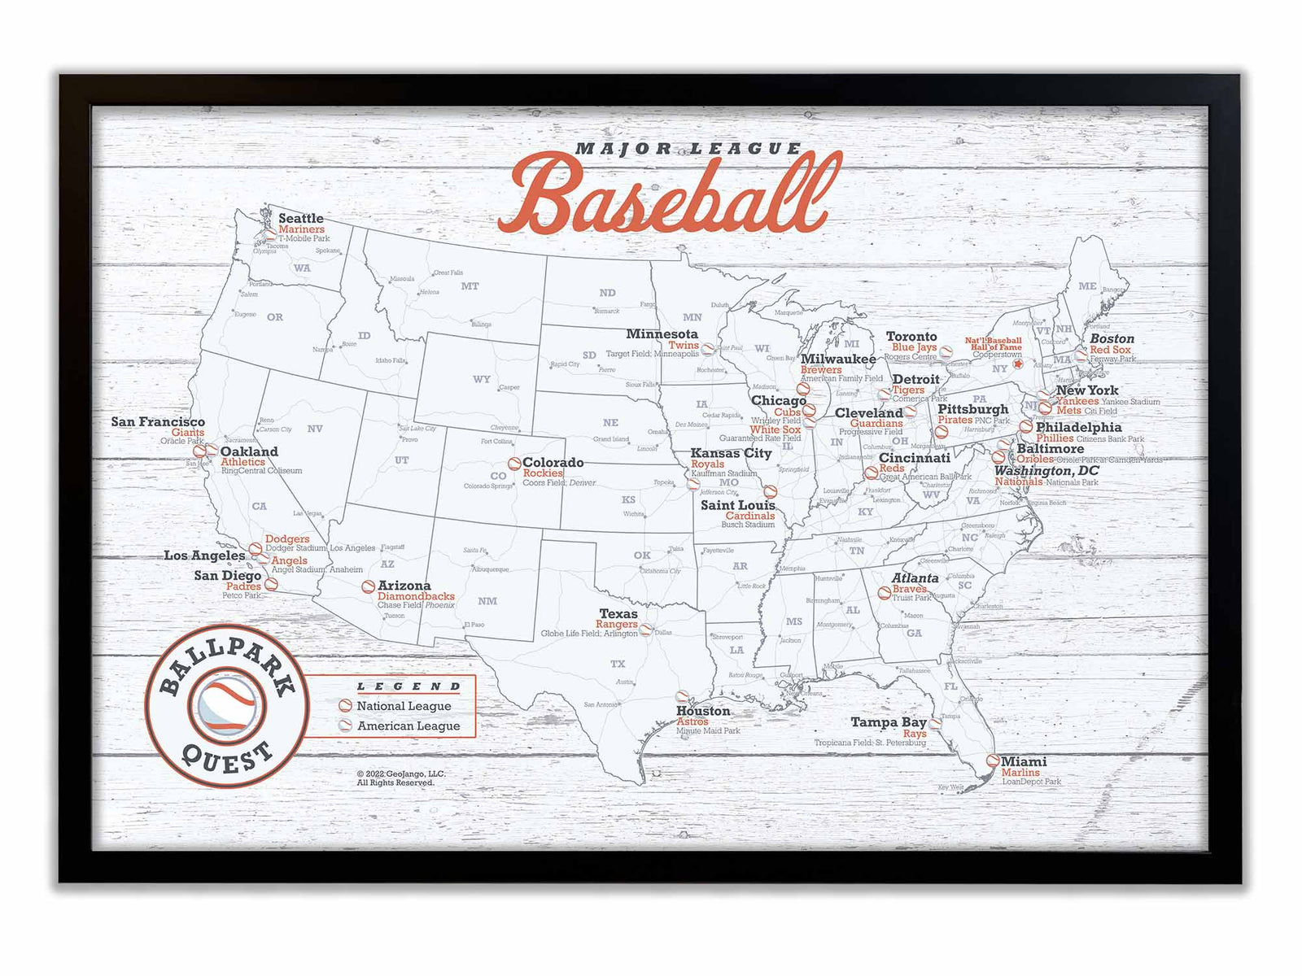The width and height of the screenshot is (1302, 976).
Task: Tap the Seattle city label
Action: tap(300, 218)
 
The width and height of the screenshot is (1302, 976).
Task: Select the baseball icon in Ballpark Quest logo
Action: tap(226, 706)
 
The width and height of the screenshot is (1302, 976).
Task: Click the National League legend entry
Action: tap(403, 706)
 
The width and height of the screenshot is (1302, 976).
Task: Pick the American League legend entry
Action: tap(408, 725)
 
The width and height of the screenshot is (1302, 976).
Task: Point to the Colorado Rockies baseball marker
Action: tap(514, 464)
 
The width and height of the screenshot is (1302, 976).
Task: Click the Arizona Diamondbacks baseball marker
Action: tap(368, 586)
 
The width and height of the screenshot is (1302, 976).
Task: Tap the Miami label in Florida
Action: tap(1023, 761)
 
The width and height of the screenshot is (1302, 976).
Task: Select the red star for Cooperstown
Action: tap(1017, 364)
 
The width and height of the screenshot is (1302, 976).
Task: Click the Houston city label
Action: tap(703, 711)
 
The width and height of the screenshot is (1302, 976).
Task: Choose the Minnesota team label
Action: tap(662, 333)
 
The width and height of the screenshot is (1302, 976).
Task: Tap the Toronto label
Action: tap(911, 336)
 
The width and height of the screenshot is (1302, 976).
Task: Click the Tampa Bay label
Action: tap(888, 721)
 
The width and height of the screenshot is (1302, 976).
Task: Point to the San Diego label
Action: tap(227, 575)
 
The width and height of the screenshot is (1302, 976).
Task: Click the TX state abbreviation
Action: tap(618, 664)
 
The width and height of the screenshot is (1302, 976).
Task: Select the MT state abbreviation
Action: tap(470, 286)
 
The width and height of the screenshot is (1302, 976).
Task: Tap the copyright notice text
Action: tap(400, 778)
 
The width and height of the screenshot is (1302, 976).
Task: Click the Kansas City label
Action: tap(731, 453)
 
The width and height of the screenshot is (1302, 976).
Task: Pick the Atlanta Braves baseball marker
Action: tap(885, 593)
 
